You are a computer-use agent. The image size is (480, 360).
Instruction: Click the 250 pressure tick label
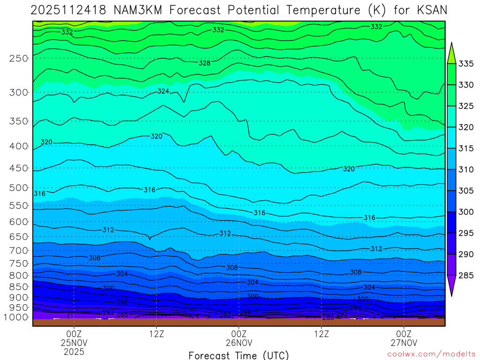(19, 59)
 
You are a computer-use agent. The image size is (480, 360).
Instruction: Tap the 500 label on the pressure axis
(19, 188)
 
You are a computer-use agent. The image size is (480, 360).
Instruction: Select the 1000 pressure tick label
(17, 317)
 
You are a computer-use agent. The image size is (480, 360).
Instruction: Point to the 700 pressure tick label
(19, 250)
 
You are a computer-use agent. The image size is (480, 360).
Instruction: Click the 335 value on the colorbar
(465, 64)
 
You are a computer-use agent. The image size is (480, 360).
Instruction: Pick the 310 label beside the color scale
(465, 170)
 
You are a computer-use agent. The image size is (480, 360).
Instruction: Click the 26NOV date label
(239, 343)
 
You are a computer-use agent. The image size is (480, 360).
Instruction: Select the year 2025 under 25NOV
(74, 351)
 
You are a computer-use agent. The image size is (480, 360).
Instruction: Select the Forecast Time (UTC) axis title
(239, 355)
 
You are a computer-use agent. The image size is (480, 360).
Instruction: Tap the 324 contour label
(163, 91)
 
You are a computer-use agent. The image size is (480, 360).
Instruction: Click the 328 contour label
(204, 63)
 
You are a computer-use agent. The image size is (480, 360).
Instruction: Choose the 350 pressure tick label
(19, 121)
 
